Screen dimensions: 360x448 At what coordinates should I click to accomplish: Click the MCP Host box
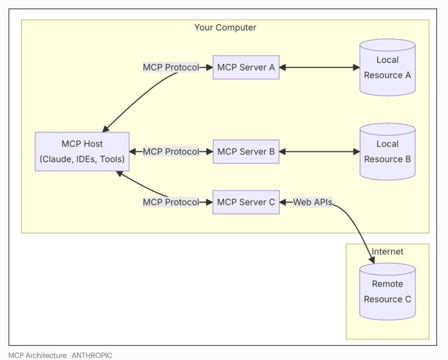tap(82, 151)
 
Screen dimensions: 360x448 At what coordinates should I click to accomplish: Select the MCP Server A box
tap(246, 67)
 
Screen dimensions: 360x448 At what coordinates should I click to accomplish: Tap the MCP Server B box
tap(246, 152)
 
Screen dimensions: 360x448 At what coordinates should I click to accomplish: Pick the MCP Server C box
tap(246, 202)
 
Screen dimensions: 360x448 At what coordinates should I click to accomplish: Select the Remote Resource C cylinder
tap(387, 291)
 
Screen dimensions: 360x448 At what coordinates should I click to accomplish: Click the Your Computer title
tap(225, 28)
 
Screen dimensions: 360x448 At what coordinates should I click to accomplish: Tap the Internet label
tap(387, 252)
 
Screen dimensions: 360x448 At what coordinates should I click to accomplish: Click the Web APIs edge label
tap(312, 202)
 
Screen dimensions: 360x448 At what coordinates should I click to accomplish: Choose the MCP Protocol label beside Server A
tap(171, 67)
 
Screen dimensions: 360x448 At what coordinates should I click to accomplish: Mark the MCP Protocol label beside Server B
tap(171, 152)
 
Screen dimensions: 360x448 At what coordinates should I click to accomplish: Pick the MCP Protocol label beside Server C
tap(171, 202)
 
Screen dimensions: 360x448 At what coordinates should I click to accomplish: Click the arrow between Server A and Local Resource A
tap(319, 67)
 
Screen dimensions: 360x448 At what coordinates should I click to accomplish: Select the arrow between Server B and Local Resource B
tap(319, 152)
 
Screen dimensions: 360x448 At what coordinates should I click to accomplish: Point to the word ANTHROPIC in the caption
tap(92, 355)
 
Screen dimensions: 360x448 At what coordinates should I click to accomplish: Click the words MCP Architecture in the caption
tap(37, 355)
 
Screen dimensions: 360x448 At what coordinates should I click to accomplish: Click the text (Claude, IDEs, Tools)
tap(82, 159)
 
